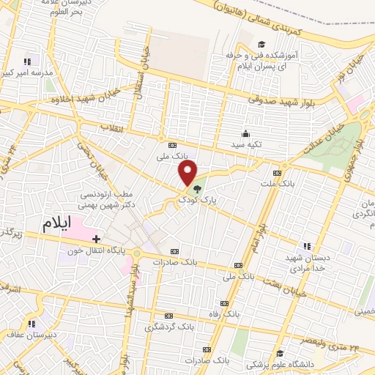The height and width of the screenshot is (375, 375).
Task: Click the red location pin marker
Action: click(188, 173)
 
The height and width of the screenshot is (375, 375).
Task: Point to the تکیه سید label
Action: click(247, 145)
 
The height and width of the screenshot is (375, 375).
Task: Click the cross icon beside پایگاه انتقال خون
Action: click(96, 238)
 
